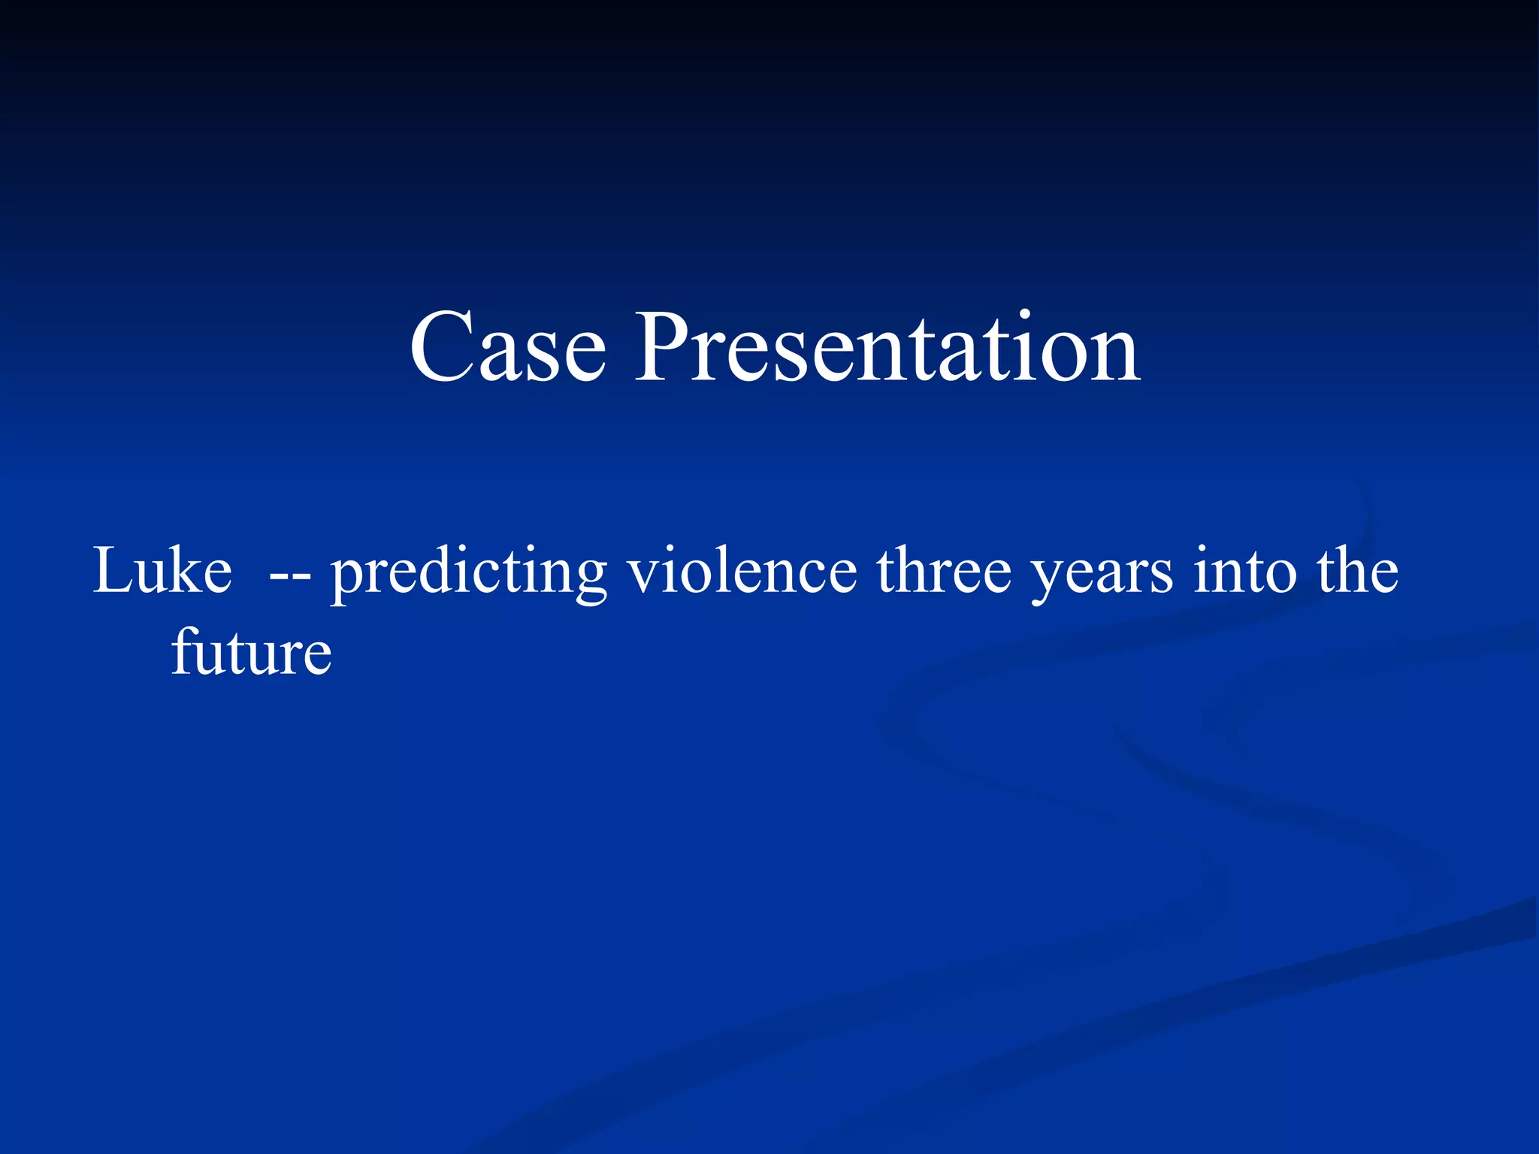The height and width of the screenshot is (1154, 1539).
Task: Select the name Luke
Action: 162,571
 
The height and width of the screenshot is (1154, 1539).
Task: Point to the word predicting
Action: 469,572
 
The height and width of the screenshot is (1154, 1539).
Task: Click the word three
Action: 945,571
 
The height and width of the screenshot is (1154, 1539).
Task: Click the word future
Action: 251,652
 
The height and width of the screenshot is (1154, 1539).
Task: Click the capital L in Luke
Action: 112,571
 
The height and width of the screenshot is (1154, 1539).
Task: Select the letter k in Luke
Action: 186,571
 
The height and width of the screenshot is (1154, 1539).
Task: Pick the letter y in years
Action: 1048,582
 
